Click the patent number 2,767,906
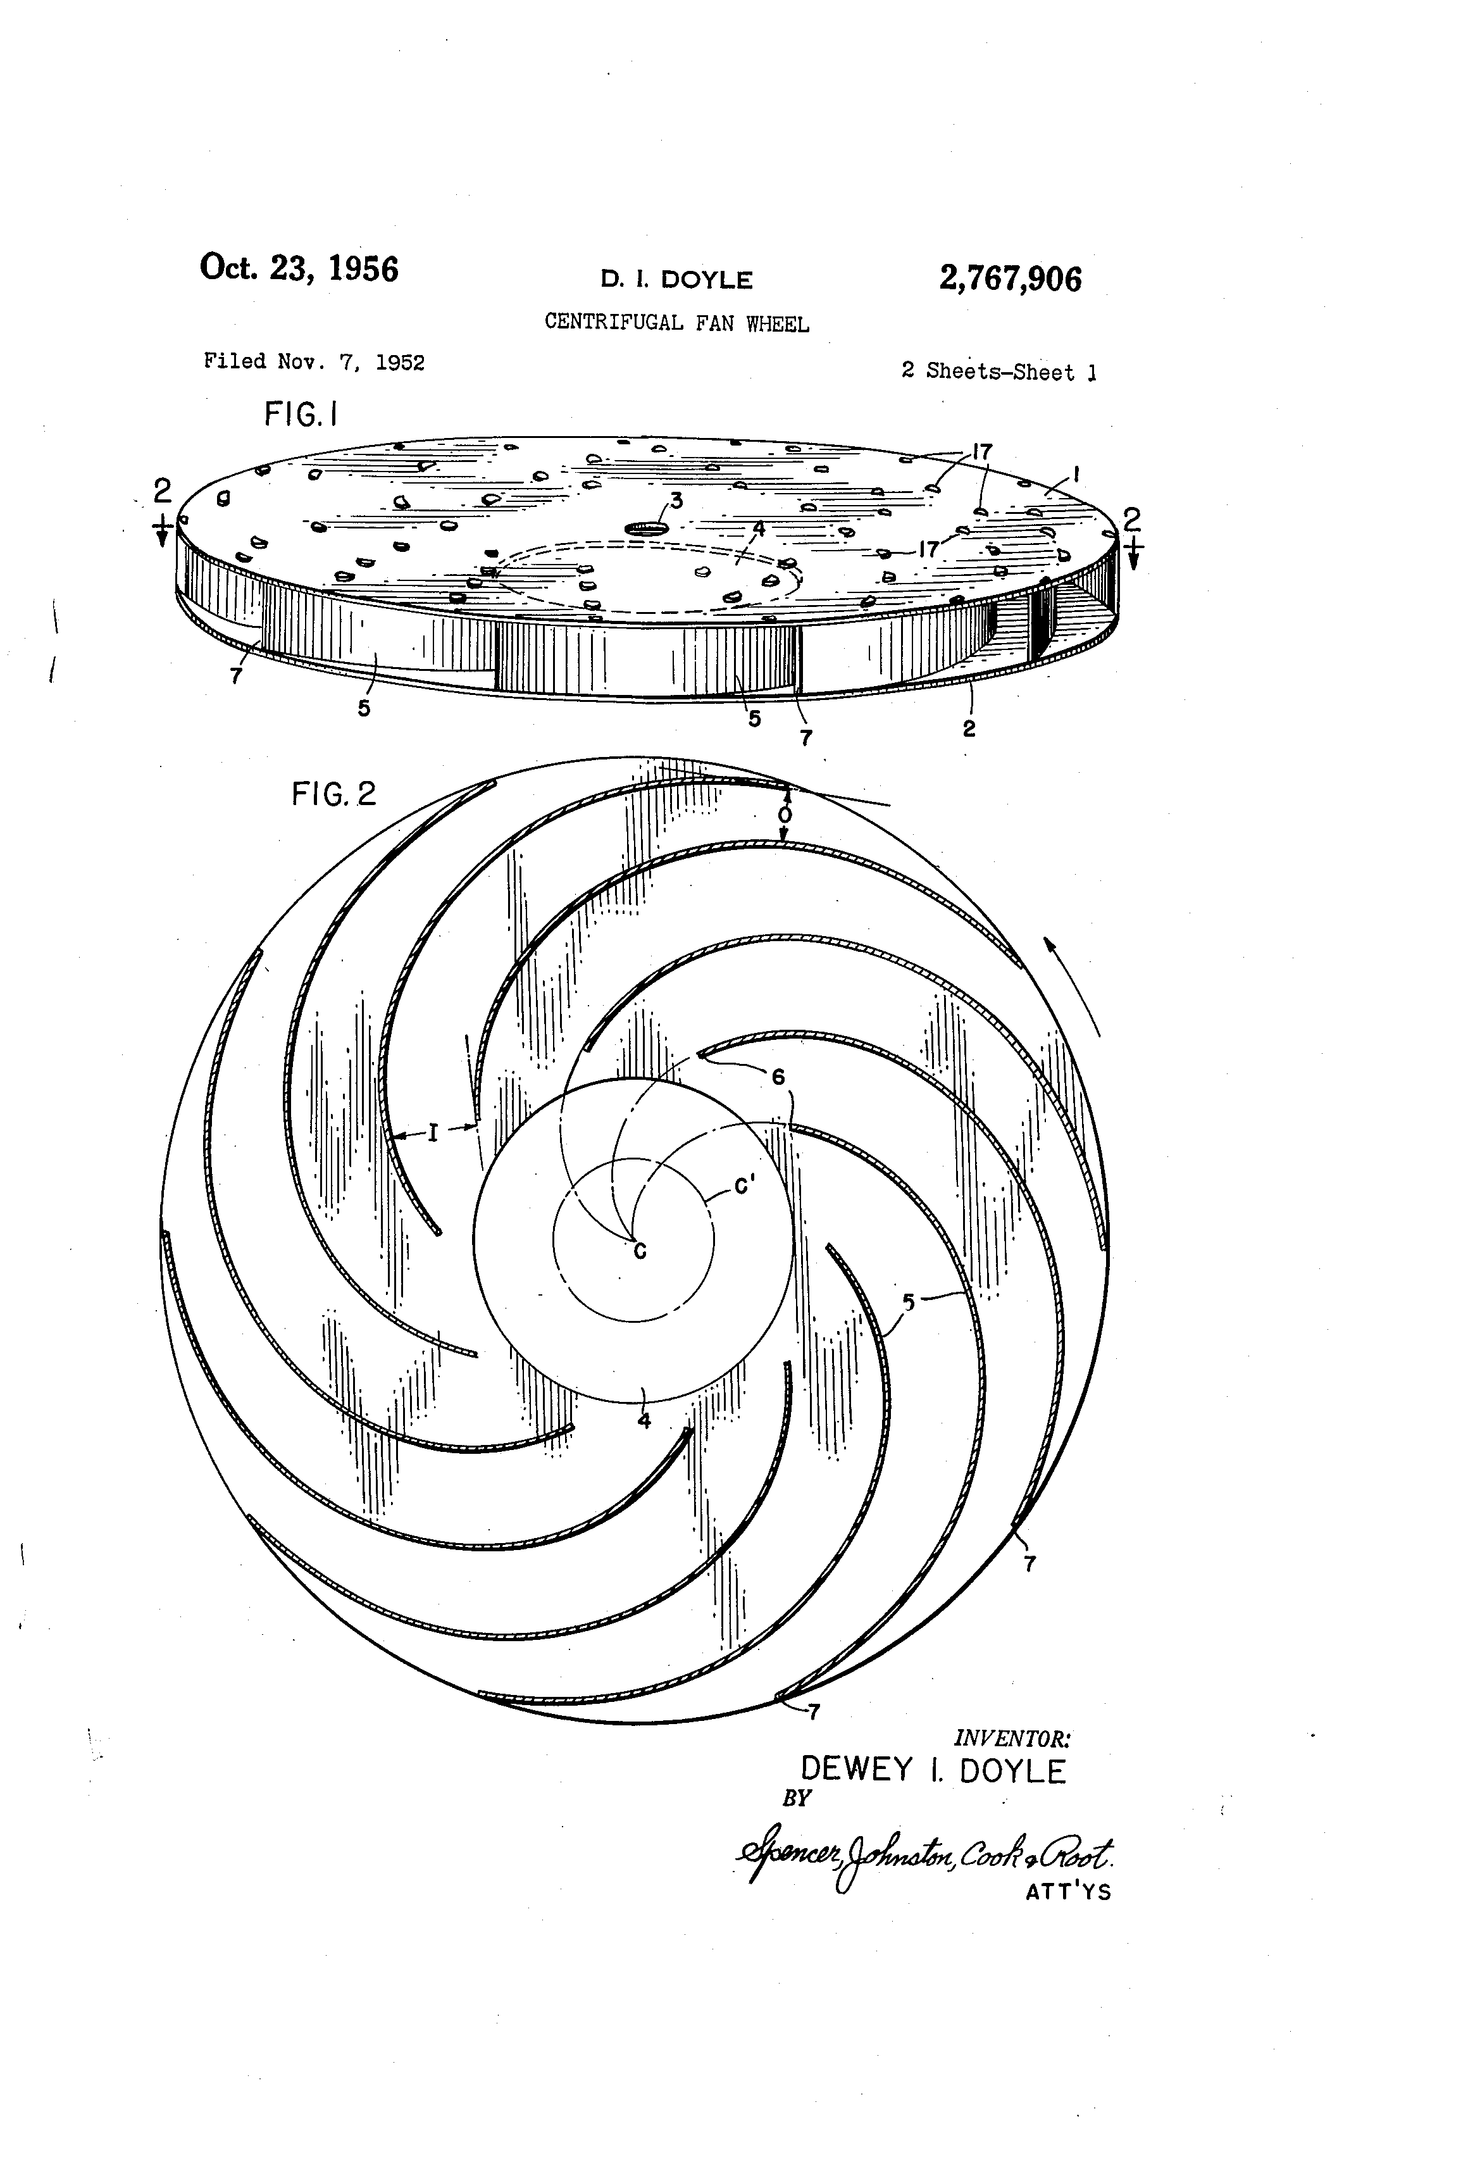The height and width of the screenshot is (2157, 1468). (x=1010, y=278)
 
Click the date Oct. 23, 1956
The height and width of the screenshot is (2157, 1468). (x=299, y=268)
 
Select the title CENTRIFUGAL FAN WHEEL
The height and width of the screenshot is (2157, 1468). (x=676, y=322)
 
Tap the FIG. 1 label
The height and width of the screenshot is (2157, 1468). (x=301, y=414)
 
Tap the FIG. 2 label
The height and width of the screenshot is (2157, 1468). (x=334, y=794)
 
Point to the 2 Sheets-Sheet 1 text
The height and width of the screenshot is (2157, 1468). (x=999, y=372)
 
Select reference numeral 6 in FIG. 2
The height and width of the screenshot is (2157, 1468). (x=778, y=1077)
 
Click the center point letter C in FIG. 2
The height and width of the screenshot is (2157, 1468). (x=639, y=1252)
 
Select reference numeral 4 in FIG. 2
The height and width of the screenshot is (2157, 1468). (x=644, y=1420)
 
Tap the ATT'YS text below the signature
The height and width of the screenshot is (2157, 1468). (x=1068, y=1892)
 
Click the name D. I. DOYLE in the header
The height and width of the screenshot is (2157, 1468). (x=676, y=279)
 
